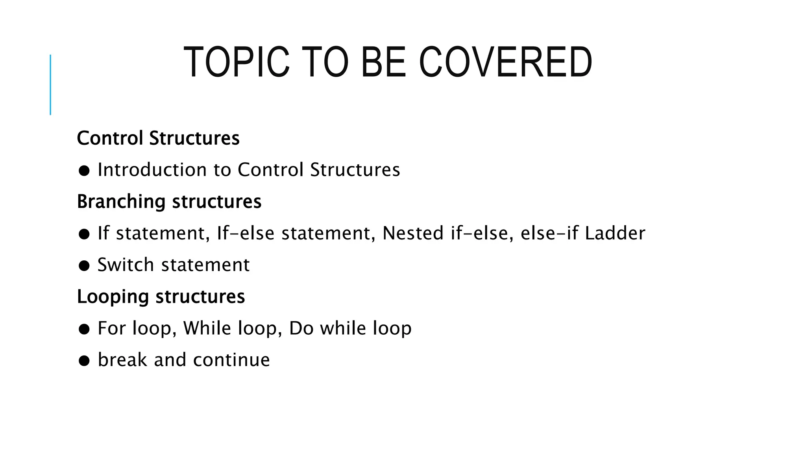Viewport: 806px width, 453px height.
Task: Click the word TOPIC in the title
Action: pos(236,63)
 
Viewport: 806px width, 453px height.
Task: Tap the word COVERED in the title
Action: pos(505,63)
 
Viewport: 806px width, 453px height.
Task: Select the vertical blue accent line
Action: pos(50,85)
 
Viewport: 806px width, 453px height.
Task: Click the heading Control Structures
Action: pos(158,138)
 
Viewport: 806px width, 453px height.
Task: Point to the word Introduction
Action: pos(152,170)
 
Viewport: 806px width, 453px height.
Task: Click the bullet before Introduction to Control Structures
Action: pos(84,171)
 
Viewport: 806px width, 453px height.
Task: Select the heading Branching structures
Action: pos(169,202)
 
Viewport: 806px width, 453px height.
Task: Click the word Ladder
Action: pos(615,233)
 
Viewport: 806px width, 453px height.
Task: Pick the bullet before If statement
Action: pos(84,234)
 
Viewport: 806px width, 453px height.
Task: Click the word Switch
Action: pos(126,265)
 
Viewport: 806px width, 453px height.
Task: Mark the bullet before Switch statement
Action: pos(84,266)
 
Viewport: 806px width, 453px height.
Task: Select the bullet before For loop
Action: pos(84,329)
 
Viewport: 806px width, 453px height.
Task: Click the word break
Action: pos(122,360)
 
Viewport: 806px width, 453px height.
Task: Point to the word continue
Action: pos(231,360)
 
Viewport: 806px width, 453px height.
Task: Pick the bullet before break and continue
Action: pos(84,361)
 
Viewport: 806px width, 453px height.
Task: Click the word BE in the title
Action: pos(383,63)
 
